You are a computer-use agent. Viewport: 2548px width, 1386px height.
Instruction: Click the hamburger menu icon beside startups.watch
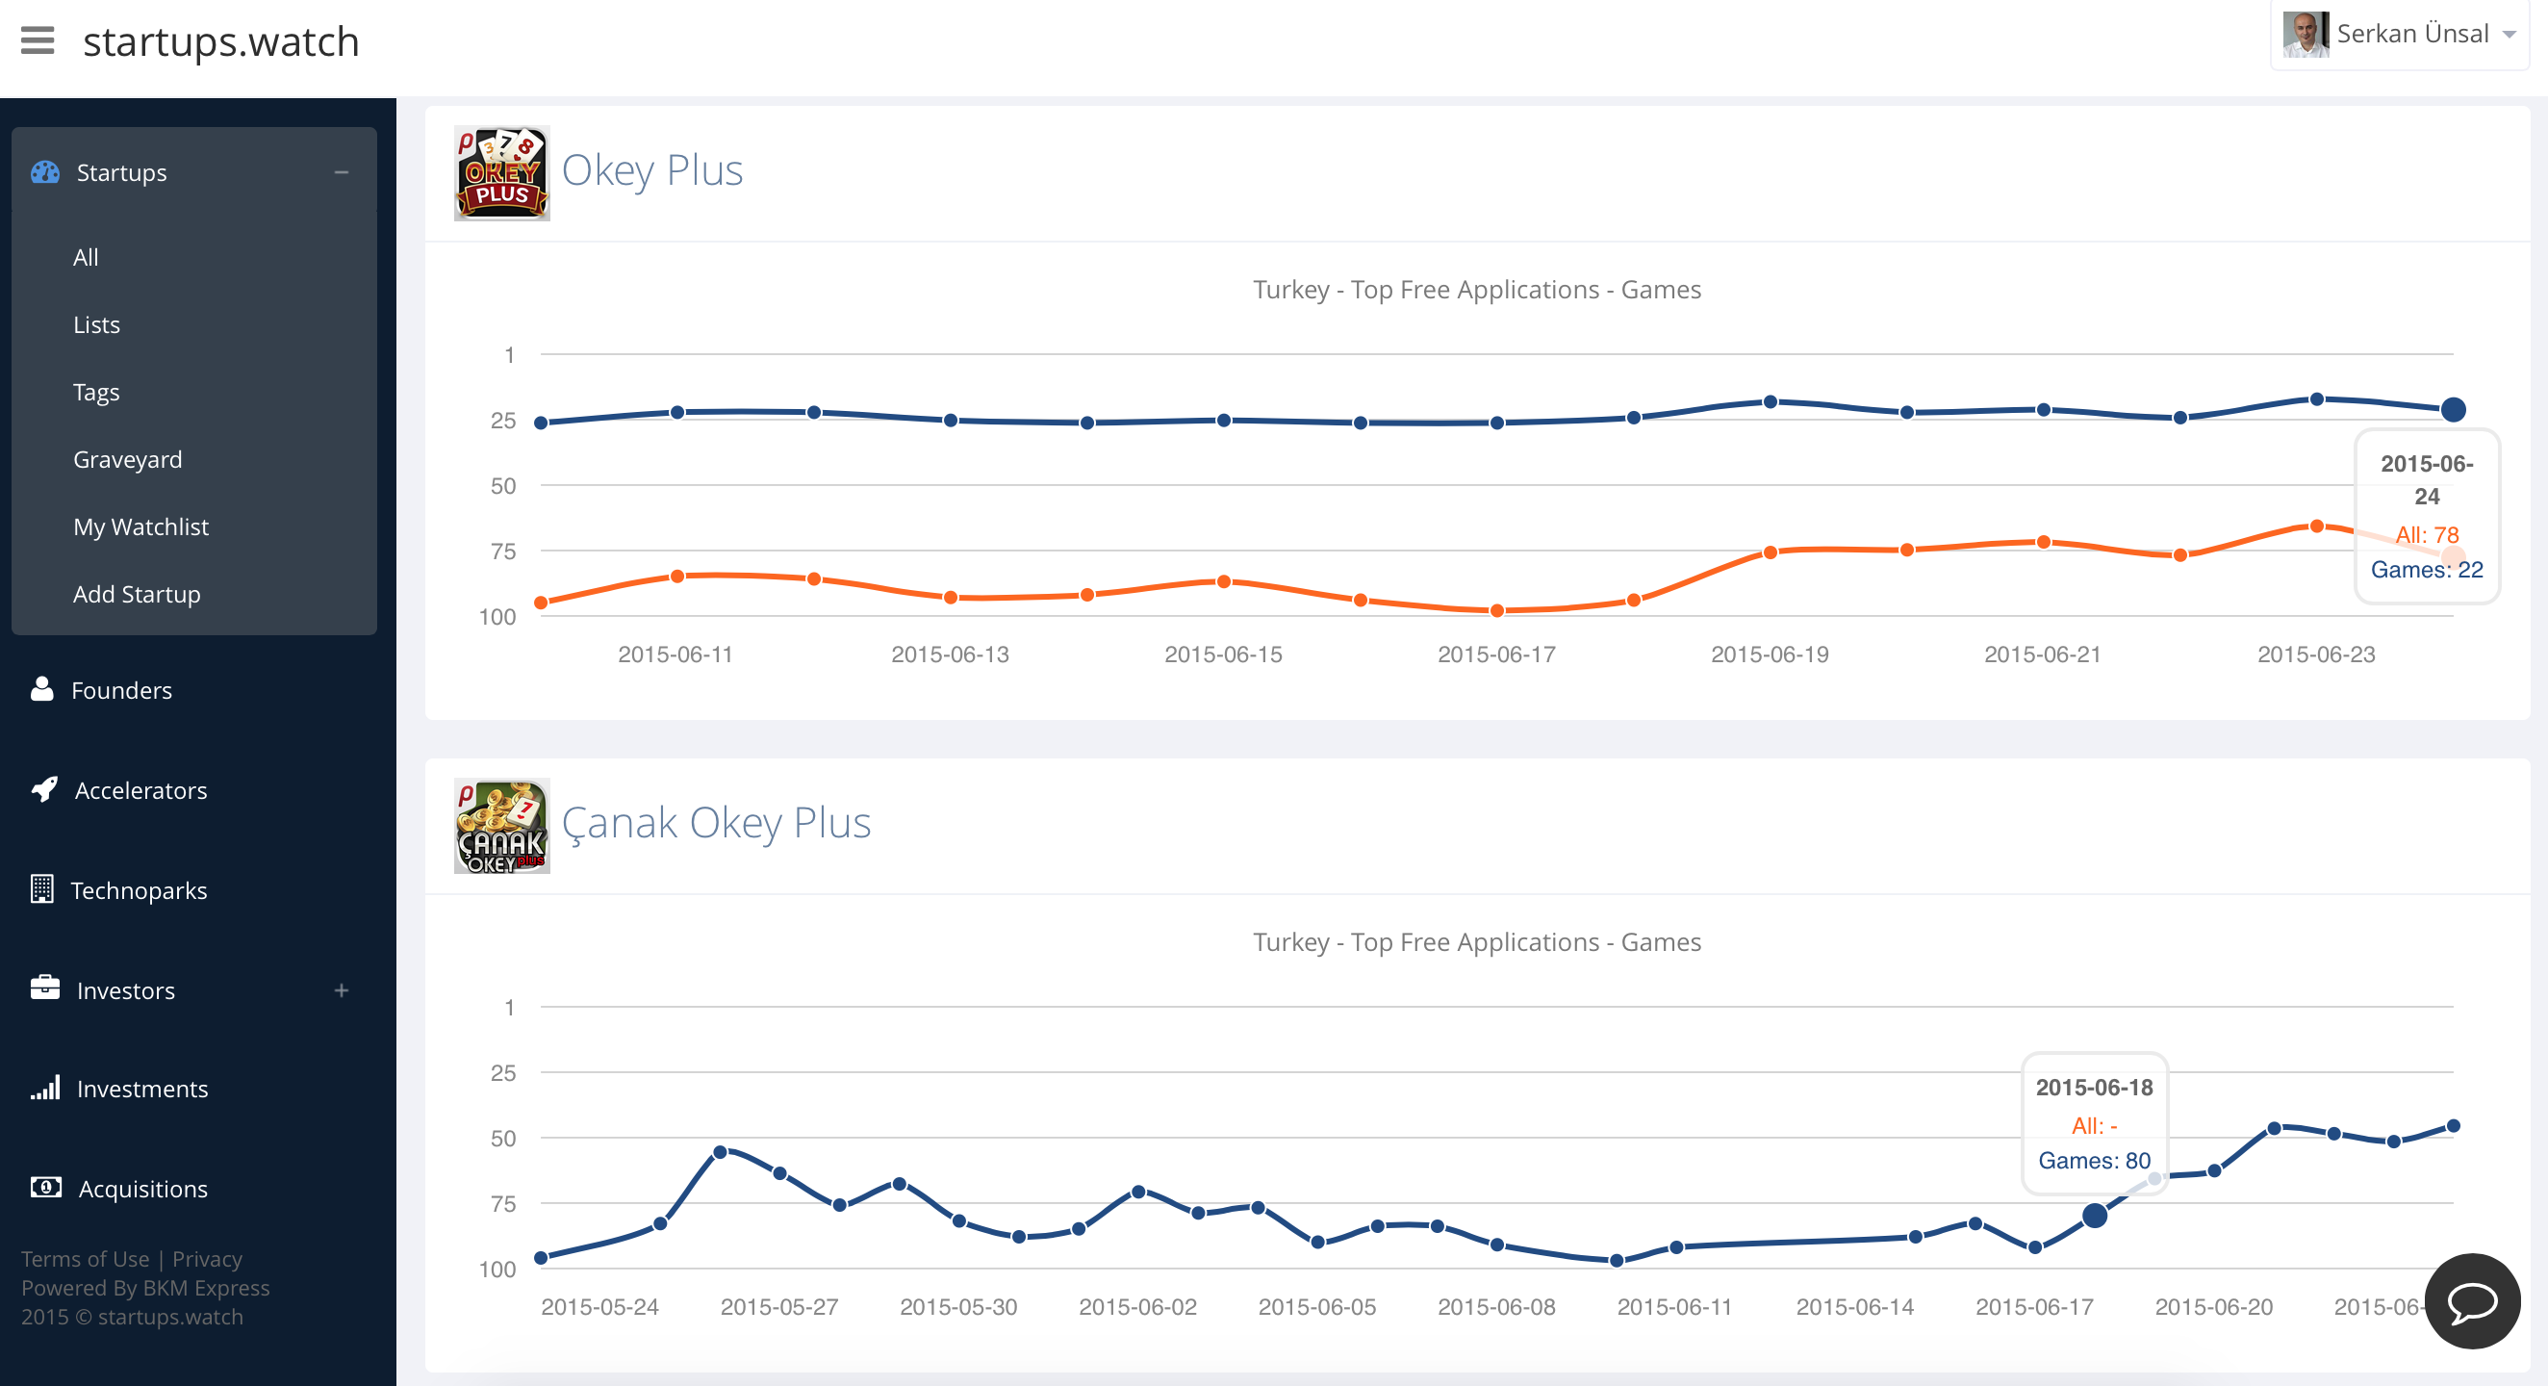click(38, 41)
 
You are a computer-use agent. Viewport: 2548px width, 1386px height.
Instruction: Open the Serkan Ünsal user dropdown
click(2399, 35)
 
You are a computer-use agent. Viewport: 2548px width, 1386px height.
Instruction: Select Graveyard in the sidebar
click(128, 459)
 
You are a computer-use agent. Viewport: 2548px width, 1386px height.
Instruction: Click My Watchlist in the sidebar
click(140, 526)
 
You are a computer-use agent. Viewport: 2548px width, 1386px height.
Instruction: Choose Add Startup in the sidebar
click(137, 594)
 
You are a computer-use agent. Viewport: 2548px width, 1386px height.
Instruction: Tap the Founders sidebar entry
click(120, 689)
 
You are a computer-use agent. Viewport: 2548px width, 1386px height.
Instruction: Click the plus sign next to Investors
click(342, 990)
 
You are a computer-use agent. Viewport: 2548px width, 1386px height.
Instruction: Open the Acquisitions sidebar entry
click(142, 1188)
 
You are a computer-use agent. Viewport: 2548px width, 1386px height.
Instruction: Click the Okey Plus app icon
click(501, 173)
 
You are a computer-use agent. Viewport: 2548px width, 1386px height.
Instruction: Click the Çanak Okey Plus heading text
click(715, 822)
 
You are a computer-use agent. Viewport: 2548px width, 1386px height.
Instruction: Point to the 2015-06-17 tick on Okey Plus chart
click(1495, 654)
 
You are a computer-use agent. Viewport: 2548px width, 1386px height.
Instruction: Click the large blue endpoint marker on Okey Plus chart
click(2452, 410)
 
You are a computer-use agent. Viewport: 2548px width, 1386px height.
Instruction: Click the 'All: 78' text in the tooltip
click(2427, 535)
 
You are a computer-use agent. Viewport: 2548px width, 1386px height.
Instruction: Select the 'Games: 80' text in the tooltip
click(2093, 1161)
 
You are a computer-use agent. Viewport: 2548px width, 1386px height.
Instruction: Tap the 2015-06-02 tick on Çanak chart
click(1137, 1307)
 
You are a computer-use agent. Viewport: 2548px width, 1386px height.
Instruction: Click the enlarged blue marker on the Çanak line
click(2094, 1216)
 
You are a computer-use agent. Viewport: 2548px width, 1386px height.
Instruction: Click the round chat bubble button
click(2471, 1301)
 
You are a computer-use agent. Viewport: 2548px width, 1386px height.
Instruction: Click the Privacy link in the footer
click(207, 1258)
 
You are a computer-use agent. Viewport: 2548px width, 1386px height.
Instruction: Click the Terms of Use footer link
click(85, 1258)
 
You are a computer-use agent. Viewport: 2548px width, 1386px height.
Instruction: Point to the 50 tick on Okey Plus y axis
click(503, 486)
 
